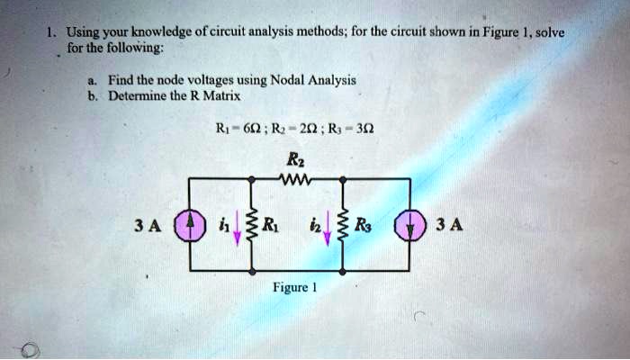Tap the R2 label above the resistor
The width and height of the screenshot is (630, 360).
click(294, 157)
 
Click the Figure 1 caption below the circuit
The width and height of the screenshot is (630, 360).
click(298, 290)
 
